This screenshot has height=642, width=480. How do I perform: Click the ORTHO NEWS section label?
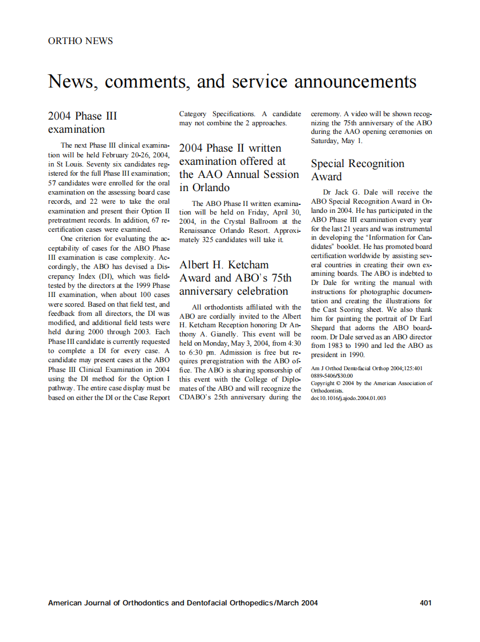(80, 41)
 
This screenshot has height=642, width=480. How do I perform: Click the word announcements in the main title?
(355, 82)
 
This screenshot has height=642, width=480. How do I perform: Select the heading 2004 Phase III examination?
(82, 122)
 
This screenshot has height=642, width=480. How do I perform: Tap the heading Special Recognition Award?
(357, 170)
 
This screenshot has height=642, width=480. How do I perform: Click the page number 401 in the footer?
(425, 603)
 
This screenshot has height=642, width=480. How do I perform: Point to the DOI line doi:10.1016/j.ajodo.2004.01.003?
(348, 398)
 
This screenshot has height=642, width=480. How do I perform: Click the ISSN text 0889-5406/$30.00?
(332, 376)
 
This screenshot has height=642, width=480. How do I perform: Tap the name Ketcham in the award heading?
(248, 265)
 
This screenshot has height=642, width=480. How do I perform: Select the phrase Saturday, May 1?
(336, 140)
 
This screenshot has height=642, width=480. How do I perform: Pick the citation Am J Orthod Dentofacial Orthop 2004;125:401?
(367, 368)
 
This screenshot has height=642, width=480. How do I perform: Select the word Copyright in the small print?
(324, 383)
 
